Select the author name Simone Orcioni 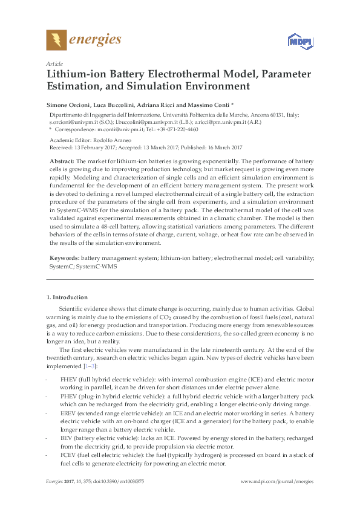(x=70, y=105)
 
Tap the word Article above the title (x=54, y=63)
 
